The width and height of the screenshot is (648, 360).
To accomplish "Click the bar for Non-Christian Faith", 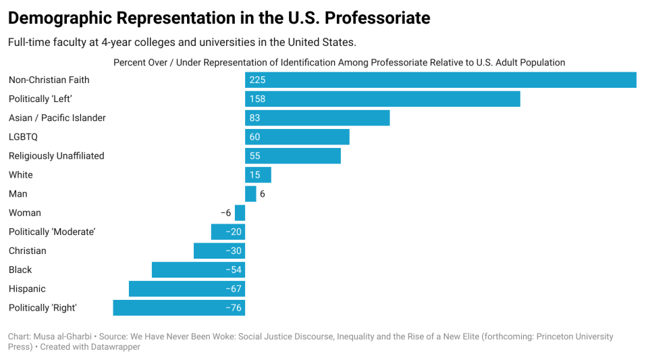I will click(440, 80).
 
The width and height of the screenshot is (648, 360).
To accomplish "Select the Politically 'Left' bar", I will click(382, 99).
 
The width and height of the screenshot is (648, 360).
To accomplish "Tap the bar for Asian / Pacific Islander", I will click(317, 118).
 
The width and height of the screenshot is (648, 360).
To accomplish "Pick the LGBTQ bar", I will click(297, 136).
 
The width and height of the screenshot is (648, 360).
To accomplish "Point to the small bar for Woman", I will click(240, 213).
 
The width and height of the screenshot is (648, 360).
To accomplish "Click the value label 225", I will click(257, 80).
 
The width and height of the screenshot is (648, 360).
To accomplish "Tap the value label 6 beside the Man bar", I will click(263, 194).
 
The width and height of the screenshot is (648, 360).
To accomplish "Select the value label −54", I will click(234, 270).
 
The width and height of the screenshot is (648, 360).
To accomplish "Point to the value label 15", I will click(254, 175).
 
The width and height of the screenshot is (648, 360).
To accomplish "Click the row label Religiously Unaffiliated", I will click(56, 156).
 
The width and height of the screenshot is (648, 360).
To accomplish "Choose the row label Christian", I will click(28, 251).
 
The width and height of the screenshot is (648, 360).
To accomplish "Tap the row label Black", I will click(20, 270).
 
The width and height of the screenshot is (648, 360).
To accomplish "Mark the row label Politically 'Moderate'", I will click(52, 232).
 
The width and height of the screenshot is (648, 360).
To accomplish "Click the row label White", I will click(21, 175).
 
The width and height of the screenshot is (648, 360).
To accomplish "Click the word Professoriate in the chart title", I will click(375, 18).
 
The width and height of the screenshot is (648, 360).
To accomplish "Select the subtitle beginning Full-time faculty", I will click(182, 42).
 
